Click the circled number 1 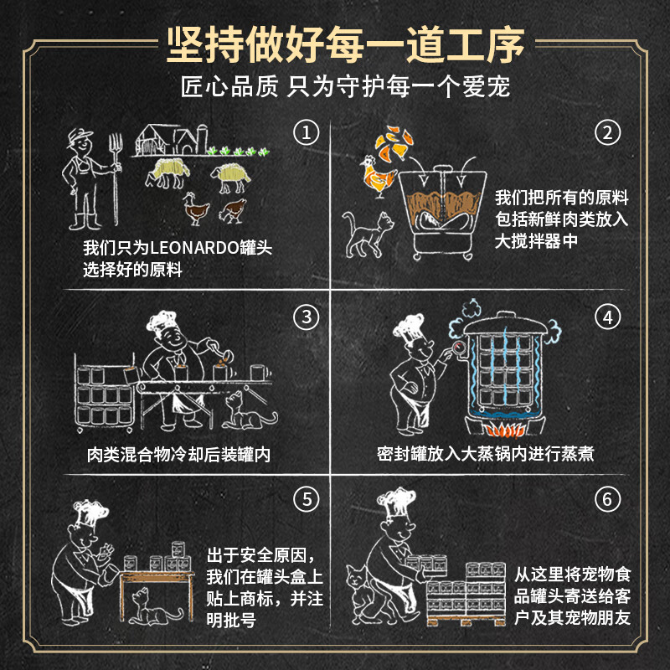click(x=307, y=132)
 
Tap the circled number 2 click(x=608, y=132)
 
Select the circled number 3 click(x=307, y=317)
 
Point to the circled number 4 click(x=608, y=317)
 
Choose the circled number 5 click(x=307, y=498)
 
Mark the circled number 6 click(x=608, y=498)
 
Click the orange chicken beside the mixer click(x=378, y=176)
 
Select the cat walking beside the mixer click(x=368, y=234)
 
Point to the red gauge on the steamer click(x=459, y=347)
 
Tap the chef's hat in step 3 click(x=161, y=321)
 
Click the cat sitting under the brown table click(x=155, y=607)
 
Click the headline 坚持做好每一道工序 click(x=346, y=44)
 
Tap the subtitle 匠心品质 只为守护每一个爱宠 click(x=345, y=87)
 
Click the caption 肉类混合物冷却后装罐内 click(x=178, y=454)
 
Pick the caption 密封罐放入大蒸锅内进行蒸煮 click(x=486, y=454)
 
